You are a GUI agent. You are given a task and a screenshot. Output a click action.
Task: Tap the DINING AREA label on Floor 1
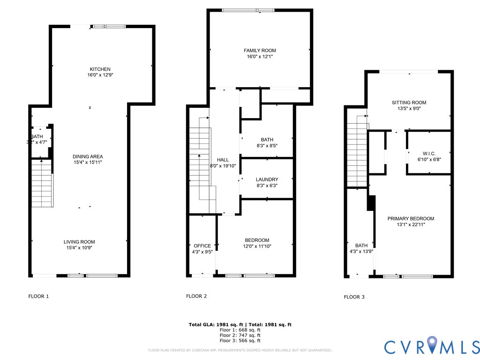pyautogui.click(x=88, y=157)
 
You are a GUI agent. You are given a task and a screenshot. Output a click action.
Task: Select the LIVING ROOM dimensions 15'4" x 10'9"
pyautogui.click(x=79, y=248)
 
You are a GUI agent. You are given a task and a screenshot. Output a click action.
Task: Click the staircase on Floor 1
pyautogui.click(x=42, y=183)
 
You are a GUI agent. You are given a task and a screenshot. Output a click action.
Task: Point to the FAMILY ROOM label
pyautogui.click(x=260, y=51)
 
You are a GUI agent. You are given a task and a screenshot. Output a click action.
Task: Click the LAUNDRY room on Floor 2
pyautogui.click(x=267, y=180)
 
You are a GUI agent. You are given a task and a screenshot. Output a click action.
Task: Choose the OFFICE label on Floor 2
pyautogui.click(x=202, y=246)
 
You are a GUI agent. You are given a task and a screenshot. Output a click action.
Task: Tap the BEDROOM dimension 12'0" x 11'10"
pyautogui.click(x=257, y=246)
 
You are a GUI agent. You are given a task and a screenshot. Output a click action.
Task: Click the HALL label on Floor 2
pyautogui.click(x=223, y=160)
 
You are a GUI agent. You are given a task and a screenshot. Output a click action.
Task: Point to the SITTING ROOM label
pyautogui.click(x=409, y=103)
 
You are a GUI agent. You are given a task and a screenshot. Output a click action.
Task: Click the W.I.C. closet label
pyautogui.click(x=429, y=153)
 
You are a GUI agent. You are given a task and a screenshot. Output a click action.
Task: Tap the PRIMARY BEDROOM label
pyautogui.click(x=411, y=218)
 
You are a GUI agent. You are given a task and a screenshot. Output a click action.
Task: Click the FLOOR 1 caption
pyautogui.click(x=39, y=296)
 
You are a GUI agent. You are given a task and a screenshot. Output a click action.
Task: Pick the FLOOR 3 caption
pyautogui.click(x=354, y=297)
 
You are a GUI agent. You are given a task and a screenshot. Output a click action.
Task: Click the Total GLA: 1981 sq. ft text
pyautogui.click(x=216, y=324)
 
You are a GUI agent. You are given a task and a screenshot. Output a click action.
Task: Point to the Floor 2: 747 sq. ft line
pyautogui.click(x=240, y=335)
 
